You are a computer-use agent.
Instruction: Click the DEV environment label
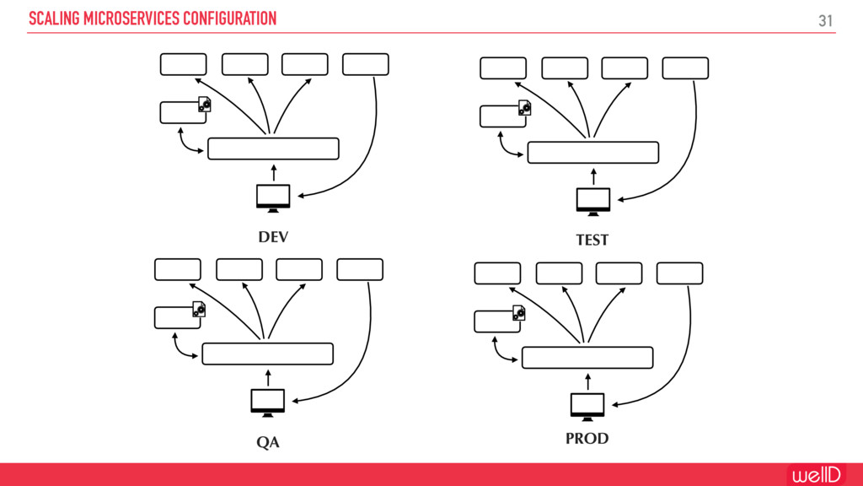(x=273, y=237)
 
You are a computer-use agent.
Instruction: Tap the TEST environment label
(x=592, y=240)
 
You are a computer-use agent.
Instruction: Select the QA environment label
(x=268, y=443)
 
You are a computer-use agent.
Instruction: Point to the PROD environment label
(x=587, y=439)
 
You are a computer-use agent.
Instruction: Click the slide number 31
(x=826, y=19)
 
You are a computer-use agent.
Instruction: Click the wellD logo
(x=815, y=474)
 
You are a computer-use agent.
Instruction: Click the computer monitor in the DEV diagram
(x=273, y=196)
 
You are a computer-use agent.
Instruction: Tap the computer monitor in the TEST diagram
(x=593, y=200)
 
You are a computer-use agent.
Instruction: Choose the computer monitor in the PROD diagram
(x=587, y=406)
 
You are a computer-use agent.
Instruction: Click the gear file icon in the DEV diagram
(x=204, y=105)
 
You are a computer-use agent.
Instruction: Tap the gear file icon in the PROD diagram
(x=518, y=314)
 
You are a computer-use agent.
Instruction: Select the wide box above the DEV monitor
(x=273, y=148)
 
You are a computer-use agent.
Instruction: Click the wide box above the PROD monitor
(x=587, y=358)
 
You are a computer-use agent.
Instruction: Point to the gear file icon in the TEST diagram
(x=524, y=108)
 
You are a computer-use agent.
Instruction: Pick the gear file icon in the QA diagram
(x=199, y=310)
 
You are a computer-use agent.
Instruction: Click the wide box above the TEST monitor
(x=592, y=152)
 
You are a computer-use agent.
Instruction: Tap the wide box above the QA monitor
(x=268, y=354)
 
